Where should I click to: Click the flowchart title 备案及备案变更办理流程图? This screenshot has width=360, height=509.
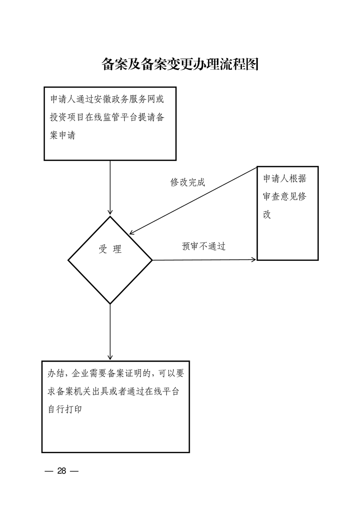click(x=180, y=64)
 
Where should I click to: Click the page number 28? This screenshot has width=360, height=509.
click(x=62, y=471)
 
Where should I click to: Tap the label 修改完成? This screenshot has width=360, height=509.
click(x=188, y=182)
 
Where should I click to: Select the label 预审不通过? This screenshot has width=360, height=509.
click(x=204, y=246)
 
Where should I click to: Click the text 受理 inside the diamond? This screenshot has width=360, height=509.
click(x=110, y=249)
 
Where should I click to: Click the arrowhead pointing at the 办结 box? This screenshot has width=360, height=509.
click(x=110, y=357)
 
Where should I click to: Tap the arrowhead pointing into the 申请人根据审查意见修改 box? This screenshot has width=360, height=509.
click(x=253, y=259)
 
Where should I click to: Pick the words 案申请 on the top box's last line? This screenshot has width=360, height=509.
click(x=63, y=135)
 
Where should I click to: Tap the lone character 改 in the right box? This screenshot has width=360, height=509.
click(x=267, y=214)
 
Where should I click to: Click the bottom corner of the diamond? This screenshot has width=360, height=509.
click(x=110, y=304)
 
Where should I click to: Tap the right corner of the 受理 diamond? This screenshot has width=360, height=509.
click(x=152, y=259)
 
